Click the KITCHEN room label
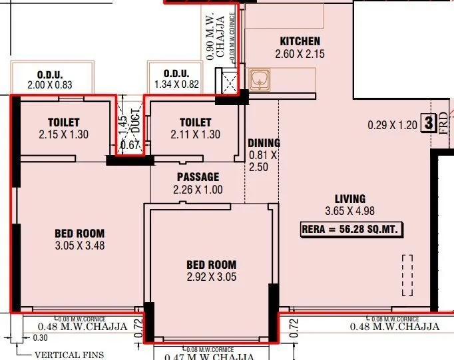tap(300, 41)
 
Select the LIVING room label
tap(350, 198)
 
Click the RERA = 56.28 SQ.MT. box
tap(351, 230)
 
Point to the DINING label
tap(264, 143)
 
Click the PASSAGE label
tap(198, 177)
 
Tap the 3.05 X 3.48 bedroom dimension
tap(79, 245)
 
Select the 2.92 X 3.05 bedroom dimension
tap(211, 277)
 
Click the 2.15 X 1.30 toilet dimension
tap(64, 134)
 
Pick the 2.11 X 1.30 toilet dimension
tap(195, 134)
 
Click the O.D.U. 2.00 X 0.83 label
tap(49, 79)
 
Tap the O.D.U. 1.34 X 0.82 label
tap(176, 79)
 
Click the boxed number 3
tap(429, 123)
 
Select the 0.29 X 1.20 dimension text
tap(392, 124)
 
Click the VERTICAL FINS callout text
tap(69, 355)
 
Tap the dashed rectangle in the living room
tap(407, 276)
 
